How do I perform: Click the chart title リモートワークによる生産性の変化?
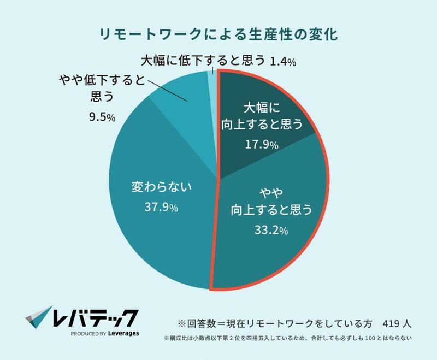[218, 33]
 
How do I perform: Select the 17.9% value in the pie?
[261, 145]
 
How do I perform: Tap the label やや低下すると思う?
[102, 90]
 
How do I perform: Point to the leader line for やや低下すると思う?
[167, 91]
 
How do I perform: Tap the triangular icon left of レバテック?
[37, 317]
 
